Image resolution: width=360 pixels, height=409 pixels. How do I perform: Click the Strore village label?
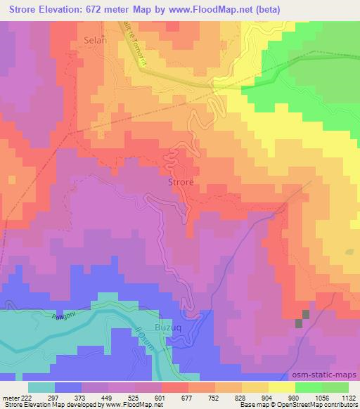[181, 182]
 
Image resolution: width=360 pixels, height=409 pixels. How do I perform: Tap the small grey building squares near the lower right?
[302, 318]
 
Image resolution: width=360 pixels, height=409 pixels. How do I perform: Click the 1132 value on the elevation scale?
[348, 398]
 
